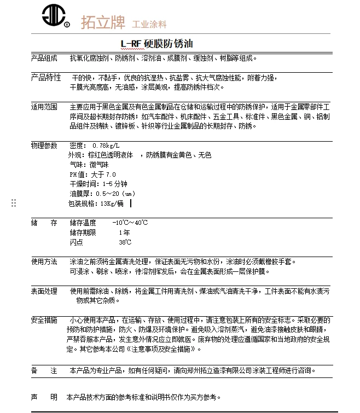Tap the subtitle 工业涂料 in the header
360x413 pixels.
click(x=149, y=24)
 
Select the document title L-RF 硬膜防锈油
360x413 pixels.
click(x=156, y=43)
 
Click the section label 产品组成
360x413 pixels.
click(x=44, y=57)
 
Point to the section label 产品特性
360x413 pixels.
click(x=45, y=77)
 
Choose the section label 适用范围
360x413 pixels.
click(x=44, y=107)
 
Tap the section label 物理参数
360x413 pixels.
click(x=44, y=145)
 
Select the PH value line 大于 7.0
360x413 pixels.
click(x=103, y=174)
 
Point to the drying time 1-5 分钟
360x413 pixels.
click(x=114, y=184)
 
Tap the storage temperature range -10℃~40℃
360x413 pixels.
click(x=130, y=223)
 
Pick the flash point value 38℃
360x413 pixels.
click(x=125, y=242)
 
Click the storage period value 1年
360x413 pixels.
click(x=124, y=232)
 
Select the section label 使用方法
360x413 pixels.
click(x=44, y=261)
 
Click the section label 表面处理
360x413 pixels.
click(x=44, y=291)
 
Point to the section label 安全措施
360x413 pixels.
click(x=44, y=320)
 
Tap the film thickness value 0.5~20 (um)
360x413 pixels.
click(x=115, y=194)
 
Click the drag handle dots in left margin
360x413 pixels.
click(x=14, y=203)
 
